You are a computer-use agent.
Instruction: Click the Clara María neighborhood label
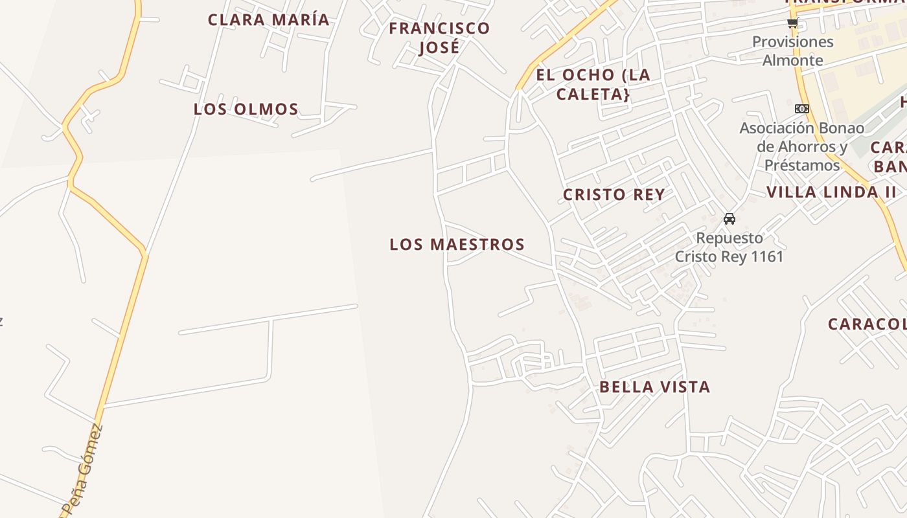268,19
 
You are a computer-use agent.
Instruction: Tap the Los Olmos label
246,109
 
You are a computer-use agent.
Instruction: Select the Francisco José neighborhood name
439,38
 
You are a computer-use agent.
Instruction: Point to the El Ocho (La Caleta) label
593,84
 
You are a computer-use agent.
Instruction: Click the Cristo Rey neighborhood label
614,194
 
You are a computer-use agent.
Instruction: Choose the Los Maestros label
457,244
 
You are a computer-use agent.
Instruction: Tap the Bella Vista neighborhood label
654,387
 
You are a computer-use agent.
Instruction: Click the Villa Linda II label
831,192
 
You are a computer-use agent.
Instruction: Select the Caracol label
867,324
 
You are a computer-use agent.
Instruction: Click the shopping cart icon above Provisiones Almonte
792,23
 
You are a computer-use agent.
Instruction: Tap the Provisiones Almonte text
793,51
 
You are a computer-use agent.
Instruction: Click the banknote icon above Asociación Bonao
802,109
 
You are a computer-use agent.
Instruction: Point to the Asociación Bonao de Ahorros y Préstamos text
802,146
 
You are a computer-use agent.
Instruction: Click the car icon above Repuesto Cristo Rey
729,219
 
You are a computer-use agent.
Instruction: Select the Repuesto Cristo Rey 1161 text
729,247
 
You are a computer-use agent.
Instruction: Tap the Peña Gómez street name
84,468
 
